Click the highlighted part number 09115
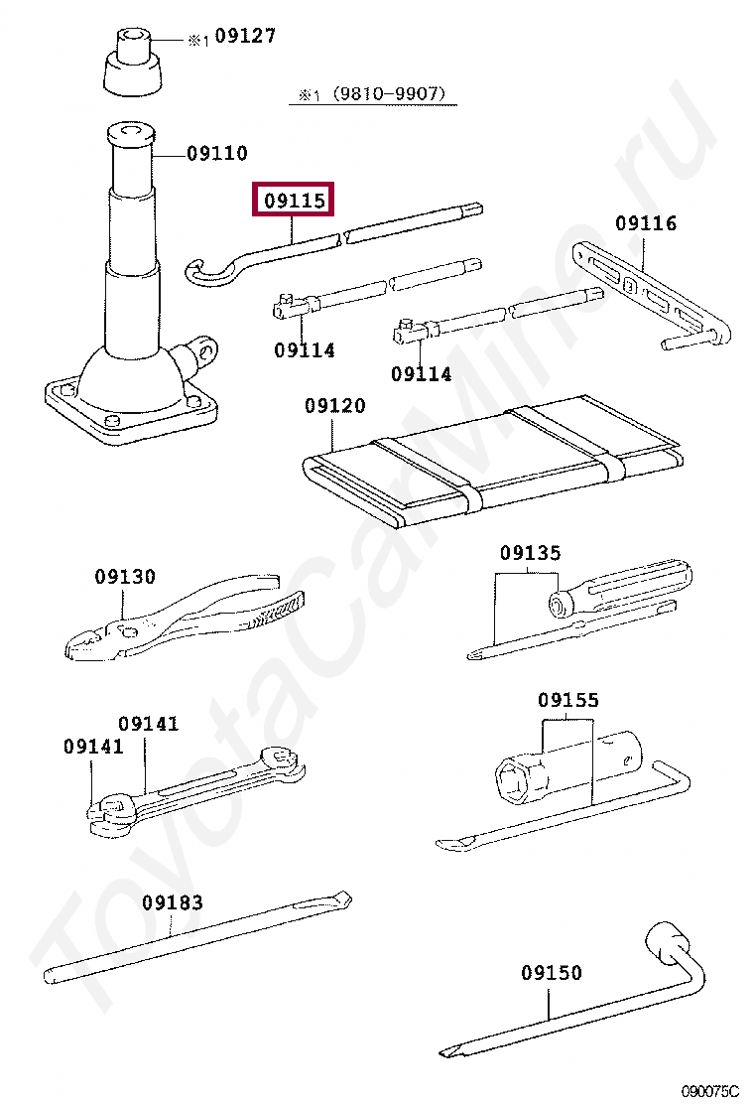pos(294,201)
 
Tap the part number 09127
pos(245,35)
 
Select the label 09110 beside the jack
pos(216,153)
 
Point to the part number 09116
pos(646,223)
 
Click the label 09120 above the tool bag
pos(334,405)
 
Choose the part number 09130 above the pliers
pos(124,577)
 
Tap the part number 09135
pos(531,553)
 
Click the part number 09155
pos(568,700)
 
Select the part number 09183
pos(173,902)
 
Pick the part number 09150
pos(552,972)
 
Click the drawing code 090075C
pos(709,1092)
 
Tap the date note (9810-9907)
pos(389,93)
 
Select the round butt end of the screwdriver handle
pos(560,604)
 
